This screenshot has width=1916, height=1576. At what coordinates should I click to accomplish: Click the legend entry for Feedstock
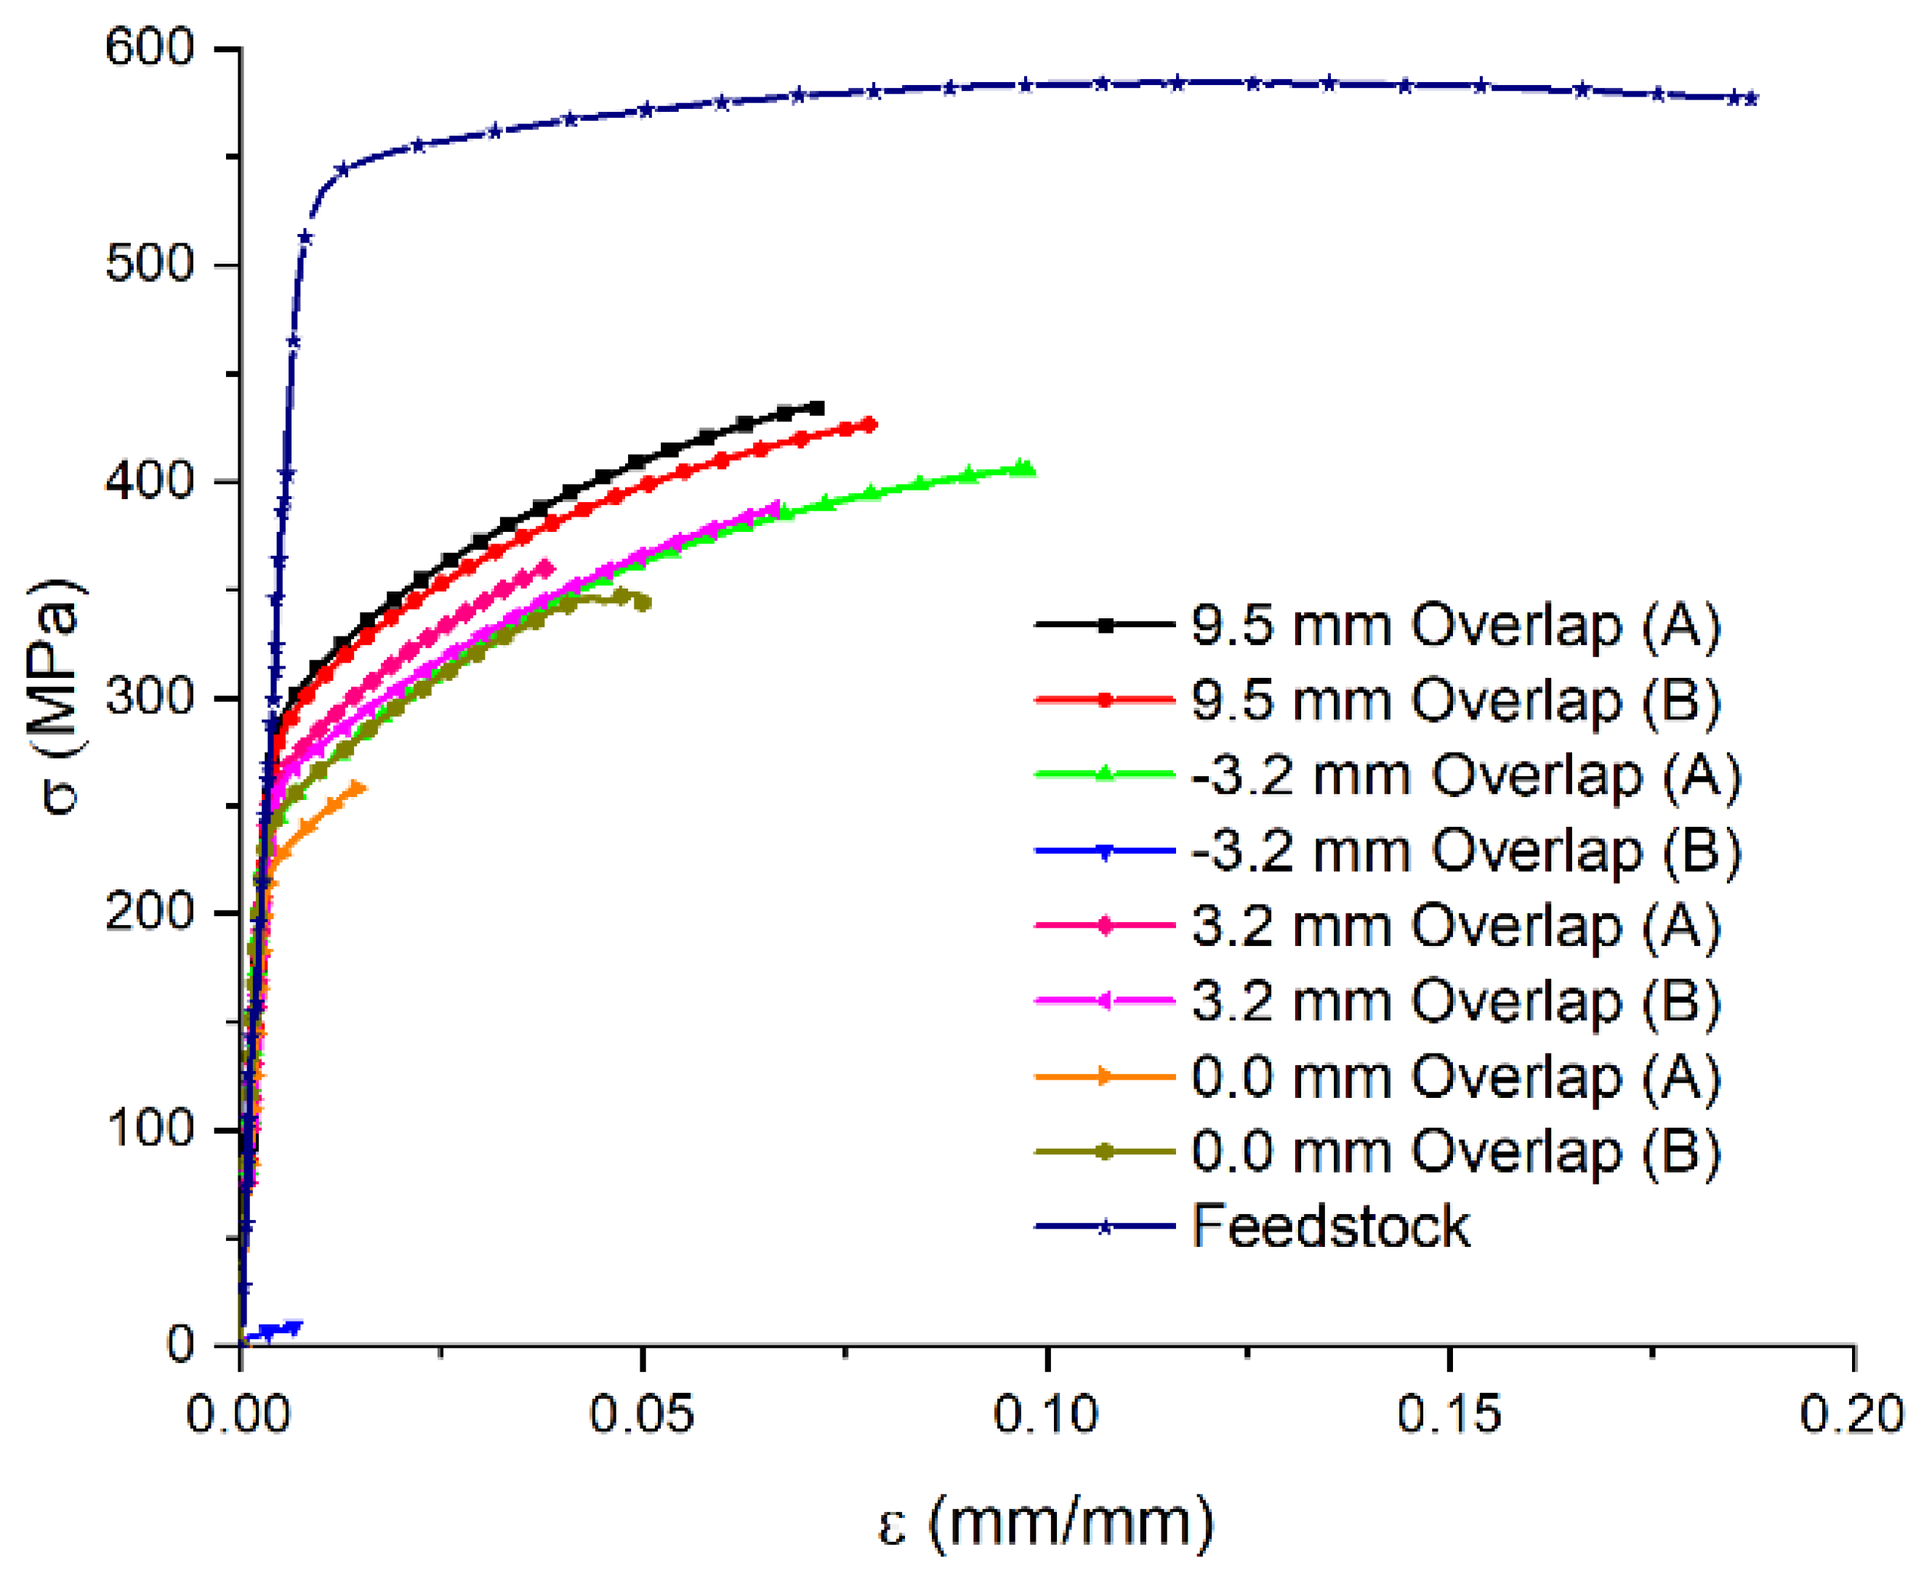(x=1330, y=1227)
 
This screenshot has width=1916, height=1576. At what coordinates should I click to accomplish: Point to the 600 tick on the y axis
(x=150, y=47)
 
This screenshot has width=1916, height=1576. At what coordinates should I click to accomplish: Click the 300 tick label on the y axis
(x=150, y=698)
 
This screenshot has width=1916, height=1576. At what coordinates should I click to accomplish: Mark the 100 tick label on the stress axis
(x=150, y=1128)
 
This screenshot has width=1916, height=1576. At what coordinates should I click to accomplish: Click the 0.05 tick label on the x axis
(x=642, y=1415)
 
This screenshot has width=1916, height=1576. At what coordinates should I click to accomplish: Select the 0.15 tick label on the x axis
(x=1449, y=1415)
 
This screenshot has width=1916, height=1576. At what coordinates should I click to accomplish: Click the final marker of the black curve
(x=818, y=408)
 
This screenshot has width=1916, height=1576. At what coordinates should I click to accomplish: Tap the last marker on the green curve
(x=1026, y=469)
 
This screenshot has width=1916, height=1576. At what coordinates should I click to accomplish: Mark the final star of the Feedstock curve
(x=1751, y=98)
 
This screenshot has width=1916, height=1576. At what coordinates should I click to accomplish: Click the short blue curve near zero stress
(x=273, y=1331)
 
